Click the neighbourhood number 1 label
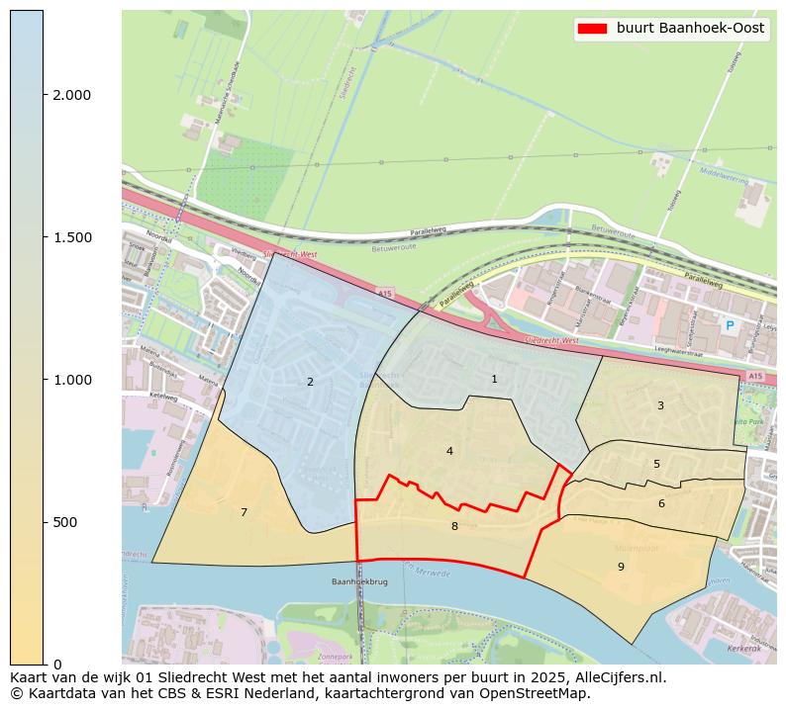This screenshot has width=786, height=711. click(494, 379)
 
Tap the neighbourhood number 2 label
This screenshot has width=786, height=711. click(310, 382)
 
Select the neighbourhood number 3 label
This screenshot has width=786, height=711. click(660, 405)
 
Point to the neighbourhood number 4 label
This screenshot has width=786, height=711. click(449, 451)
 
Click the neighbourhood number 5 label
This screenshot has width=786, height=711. click(656, 464)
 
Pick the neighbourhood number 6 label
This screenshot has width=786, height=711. click(661, 503)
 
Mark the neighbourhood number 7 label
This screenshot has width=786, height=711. click(244, 512)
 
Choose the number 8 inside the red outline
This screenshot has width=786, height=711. click(454, 526)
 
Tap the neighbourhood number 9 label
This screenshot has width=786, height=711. click(621, 567)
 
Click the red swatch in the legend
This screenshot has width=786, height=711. click(592, 29)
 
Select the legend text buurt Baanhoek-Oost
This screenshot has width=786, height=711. click(690, 29)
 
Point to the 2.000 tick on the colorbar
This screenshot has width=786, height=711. click(71, 95)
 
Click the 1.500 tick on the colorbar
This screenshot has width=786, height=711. click(71, 237)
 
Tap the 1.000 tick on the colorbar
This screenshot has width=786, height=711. click(71, 380)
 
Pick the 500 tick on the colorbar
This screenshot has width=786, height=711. click(65, 522)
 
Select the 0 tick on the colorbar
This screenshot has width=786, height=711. click(56, 664)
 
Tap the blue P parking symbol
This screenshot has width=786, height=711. click(730, 325)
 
